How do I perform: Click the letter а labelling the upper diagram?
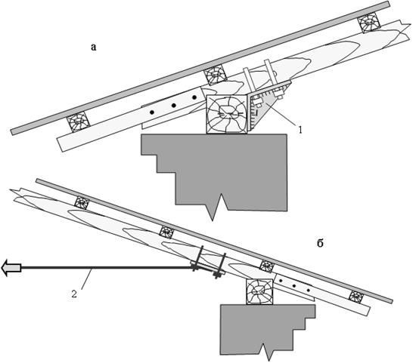tap(94, 48)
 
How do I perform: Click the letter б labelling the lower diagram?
tap(320, 244)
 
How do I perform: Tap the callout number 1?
tap(300, 130)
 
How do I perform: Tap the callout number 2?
tap(74, 294)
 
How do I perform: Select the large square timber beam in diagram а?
tap(227, 115)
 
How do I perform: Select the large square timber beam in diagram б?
tap(259, 292)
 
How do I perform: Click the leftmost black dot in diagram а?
tap(152, 112)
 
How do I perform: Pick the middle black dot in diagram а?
tap(174, 106)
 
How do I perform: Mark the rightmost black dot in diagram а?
tap(194, 97)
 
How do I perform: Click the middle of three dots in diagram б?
tap(294, 285)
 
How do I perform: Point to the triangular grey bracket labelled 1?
tap(269, 105)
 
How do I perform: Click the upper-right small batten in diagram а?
tap(369, 23)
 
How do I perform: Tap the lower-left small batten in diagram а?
tap(78, 122)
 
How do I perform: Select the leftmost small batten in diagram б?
tap(82, 203)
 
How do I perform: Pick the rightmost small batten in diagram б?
tap(356, 297)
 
